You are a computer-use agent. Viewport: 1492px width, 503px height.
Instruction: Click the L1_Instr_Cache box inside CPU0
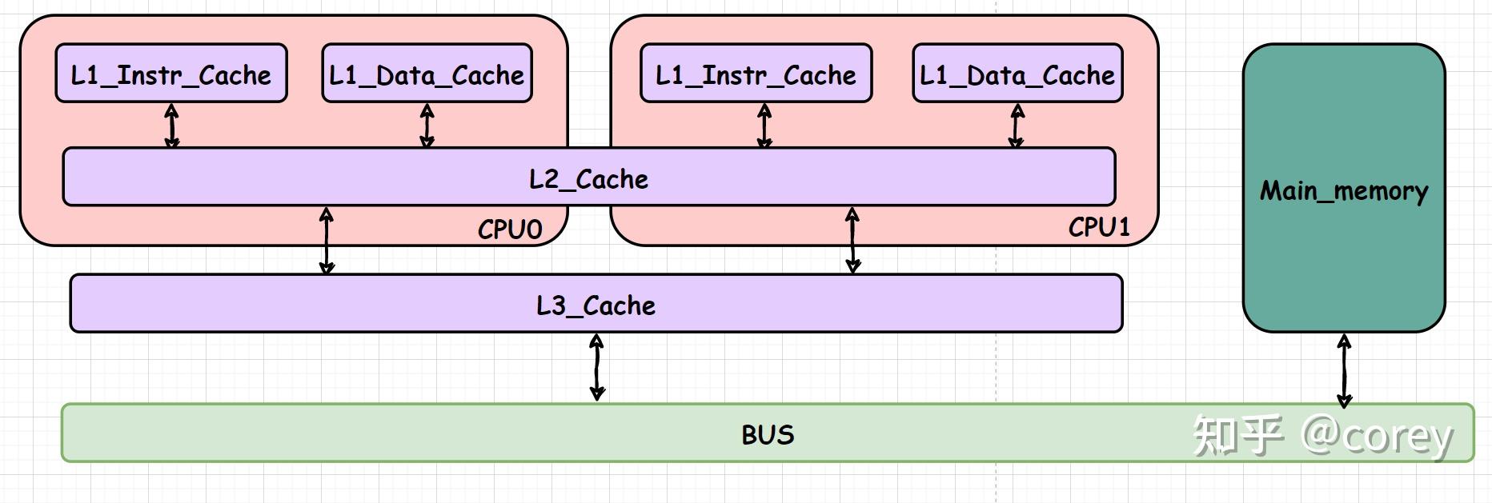click(x=170, y=74)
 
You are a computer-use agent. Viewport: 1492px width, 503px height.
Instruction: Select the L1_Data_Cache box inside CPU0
click(x=427, y=74)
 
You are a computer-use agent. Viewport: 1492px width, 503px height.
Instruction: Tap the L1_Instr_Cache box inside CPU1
click(x=756, y=74)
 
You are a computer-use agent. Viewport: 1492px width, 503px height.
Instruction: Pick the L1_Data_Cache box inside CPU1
click(x=1017, y=74)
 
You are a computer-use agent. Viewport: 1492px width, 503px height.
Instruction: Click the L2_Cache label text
click(x=588, y=178)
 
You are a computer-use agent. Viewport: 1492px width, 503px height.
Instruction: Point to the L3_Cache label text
click(x=596, y=305)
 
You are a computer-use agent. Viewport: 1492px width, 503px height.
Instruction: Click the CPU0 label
click(x=510, y=230)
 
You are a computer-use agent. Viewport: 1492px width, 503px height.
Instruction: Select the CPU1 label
click(x=1099, y=227)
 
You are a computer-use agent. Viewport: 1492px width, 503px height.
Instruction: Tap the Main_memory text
click(x=1344, y=190)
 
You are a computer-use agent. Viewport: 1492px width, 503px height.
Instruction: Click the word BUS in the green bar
click(x=768, y=434)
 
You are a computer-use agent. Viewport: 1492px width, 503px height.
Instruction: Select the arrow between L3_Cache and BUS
click(x=596, y=367)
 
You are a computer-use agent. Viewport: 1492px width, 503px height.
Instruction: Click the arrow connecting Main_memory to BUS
click(x=1345, y=370)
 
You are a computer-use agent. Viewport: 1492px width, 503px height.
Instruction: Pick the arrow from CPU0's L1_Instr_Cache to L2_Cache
click(x=171, y=126)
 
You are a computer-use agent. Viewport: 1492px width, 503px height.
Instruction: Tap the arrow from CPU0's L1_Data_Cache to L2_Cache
click(x=427, y=126)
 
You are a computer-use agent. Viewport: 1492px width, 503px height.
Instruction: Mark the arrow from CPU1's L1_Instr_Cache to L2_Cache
click(x=764, y=126)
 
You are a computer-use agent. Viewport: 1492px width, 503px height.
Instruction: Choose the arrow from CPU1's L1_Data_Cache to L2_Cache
click(x=1017, y=126)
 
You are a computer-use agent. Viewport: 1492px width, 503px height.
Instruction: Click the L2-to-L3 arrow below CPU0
click(x=327, y=240)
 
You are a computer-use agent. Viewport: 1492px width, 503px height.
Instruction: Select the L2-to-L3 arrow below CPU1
click(x=852, y=240)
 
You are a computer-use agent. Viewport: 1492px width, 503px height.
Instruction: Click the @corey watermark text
click(x=1377, y=436)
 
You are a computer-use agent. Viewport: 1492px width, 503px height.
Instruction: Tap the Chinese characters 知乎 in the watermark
click(x=1237, y=436)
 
